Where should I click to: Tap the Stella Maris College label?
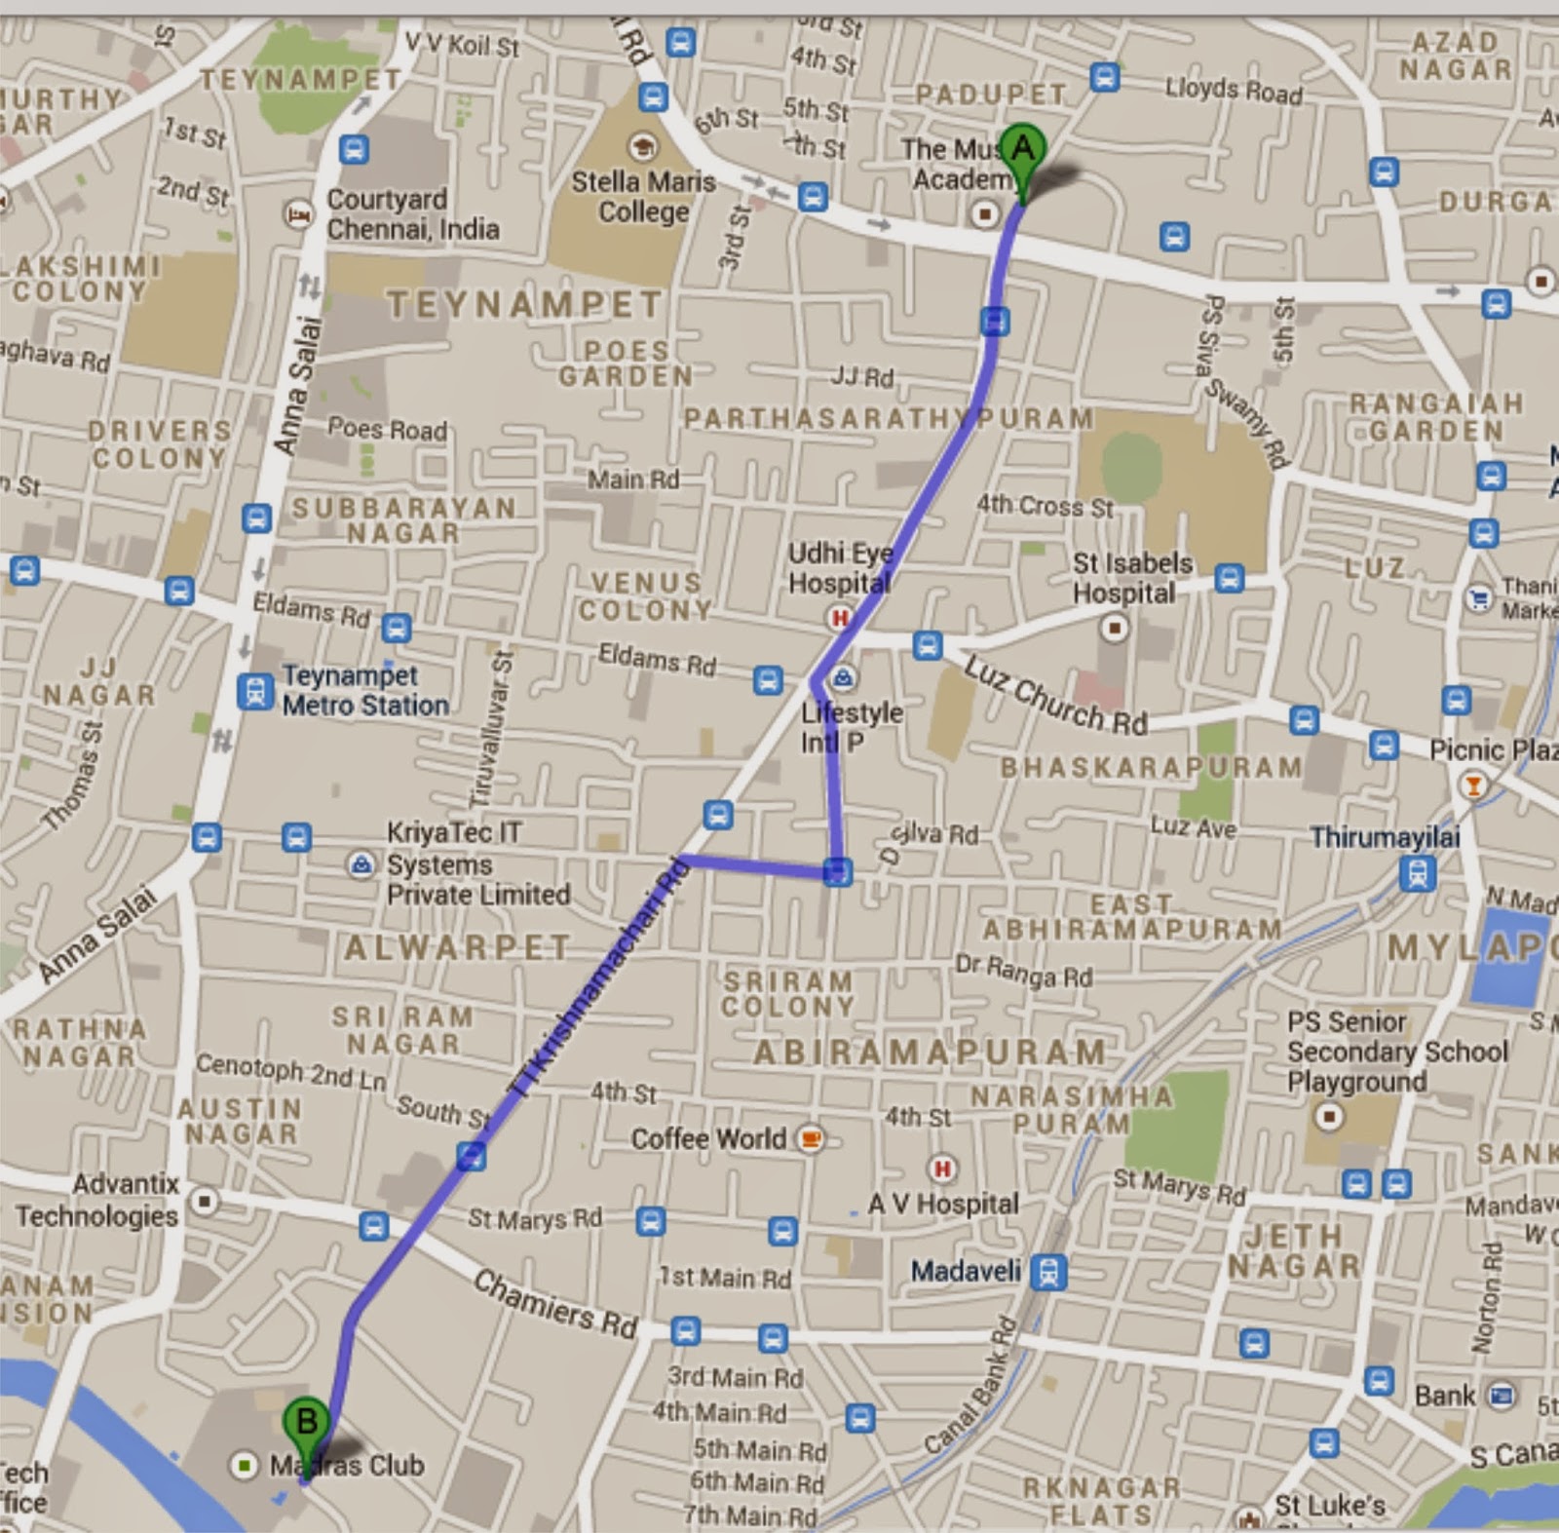pos(643,196)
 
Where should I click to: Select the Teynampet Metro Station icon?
pos(255,691)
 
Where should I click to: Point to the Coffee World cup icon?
pos(810,1138)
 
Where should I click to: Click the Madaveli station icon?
pos(1048,1272)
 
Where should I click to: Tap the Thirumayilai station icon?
pos(1417,873)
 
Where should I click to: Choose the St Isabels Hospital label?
pos(1132,578)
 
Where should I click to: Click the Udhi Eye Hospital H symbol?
pos(838,617)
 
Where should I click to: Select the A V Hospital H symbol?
pos(941,1169)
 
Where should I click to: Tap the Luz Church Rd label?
pos(1055,695)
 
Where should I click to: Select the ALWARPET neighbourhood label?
pos(457,947)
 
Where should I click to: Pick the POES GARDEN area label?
pos(626,363)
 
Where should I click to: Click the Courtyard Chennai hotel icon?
pos(298,213)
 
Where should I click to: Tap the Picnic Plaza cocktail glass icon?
pos(1473,785)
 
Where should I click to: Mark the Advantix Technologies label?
pos(96,1200)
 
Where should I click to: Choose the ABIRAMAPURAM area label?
pos(931,1053)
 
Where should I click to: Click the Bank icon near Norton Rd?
pos(1502,1396)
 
